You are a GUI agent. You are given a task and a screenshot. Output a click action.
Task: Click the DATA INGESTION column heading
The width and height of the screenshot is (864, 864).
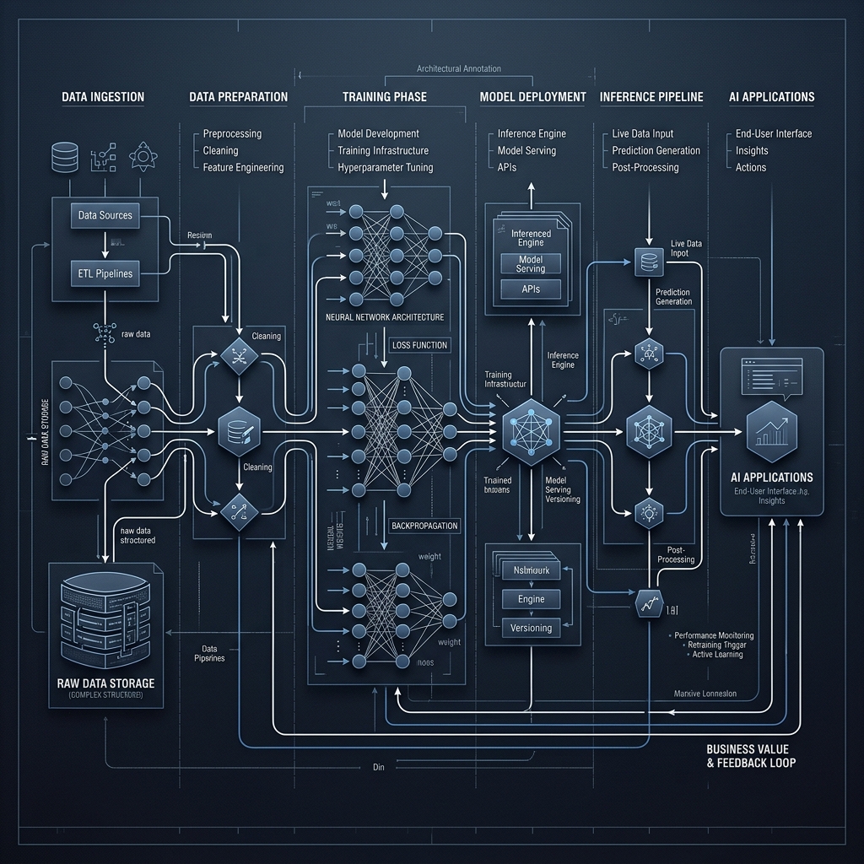point(103,97)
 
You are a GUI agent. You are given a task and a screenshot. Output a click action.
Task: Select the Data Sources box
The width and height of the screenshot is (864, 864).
point(105,215)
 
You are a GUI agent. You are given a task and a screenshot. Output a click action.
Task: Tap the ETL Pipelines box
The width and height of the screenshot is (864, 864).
point(105,273)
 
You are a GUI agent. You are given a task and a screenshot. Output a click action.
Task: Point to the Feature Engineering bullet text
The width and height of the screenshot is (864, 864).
point(243,168)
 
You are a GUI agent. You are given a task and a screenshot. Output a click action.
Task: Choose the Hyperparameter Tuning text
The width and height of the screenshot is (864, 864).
point(385,168)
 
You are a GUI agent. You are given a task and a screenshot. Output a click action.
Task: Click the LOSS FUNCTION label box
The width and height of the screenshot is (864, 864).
point(420,345)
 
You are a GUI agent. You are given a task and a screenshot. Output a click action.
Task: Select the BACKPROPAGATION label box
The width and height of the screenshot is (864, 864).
point(425,526)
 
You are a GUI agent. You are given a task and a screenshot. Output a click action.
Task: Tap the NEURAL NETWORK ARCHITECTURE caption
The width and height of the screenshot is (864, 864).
point(384,317)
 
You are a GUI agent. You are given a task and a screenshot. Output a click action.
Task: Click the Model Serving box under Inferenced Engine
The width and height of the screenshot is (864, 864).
point(531,263)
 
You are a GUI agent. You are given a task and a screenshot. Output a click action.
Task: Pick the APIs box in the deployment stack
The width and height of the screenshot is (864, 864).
point(531,289)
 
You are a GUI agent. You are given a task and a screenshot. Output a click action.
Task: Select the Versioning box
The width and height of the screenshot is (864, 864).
point(532,628)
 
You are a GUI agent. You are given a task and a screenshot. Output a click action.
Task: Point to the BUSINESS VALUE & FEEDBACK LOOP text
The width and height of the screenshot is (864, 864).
point(751,756)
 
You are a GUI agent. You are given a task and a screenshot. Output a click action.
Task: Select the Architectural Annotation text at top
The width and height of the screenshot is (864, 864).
point(459,69)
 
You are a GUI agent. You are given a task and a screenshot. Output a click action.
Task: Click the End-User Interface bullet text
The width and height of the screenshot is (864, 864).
point(773,133)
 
